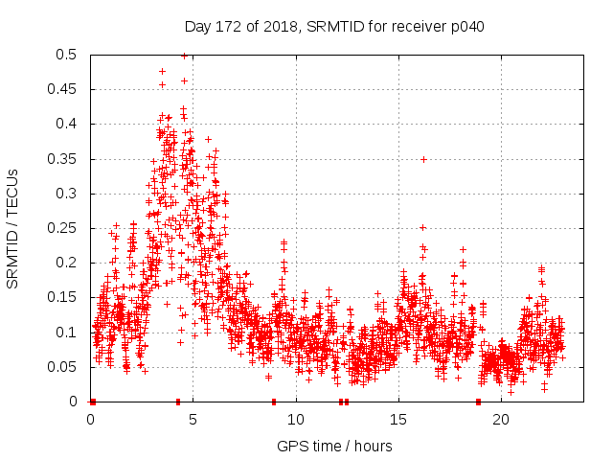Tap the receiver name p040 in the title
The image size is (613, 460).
[x=466, y=27]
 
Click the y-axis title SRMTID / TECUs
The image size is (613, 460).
[x=13, y=228]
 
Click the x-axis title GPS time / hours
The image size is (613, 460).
[x=334, y=446]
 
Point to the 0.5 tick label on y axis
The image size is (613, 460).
[x=68, y=56]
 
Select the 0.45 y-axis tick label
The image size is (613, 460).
[x=64, y=90]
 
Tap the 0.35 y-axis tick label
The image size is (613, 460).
[x=64, y=159]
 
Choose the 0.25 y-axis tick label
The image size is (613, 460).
[x=64, y=228]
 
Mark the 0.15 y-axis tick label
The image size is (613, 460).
[x=64, y=298]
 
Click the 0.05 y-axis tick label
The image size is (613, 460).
[x=64, y=367]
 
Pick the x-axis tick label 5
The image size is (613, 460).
[x=193, y=419]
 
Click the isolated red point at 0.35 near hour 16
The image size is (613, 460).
[x=423, y=159]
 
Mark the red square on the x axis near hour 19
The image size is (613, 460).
[x=478, y=402]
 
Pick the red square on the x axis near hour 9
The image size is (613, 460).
[x=274, y=402]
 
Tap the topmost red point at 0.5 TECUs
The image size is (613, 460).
[x=184, y=56]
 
